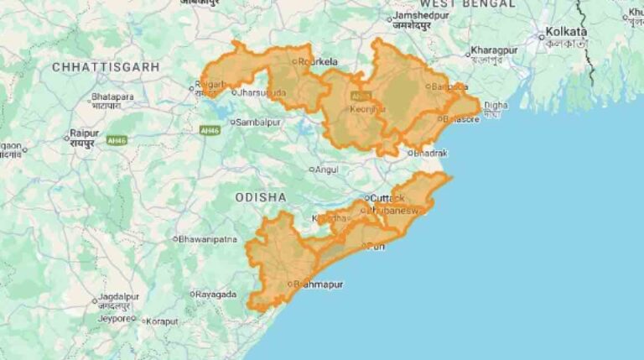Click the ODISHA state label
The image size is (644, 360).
click(261, 197)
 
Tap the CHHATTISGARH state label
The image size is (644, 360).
click(106, 66)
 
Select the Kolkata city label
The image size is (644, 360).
click(567, 32)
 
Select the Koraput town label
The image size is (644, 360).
click(164, 321)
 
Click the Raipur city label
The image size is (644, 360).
click(85, 133)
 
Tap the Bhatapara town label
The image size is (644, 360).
click(112, 97)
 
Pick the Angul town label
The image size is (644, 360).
click(326, 170)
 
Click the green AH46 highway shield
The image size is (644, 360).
click(210, 130)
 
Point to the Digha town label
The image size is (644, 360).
click(496, 105)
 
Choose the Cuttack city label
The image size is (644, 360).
click(387, 198)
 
